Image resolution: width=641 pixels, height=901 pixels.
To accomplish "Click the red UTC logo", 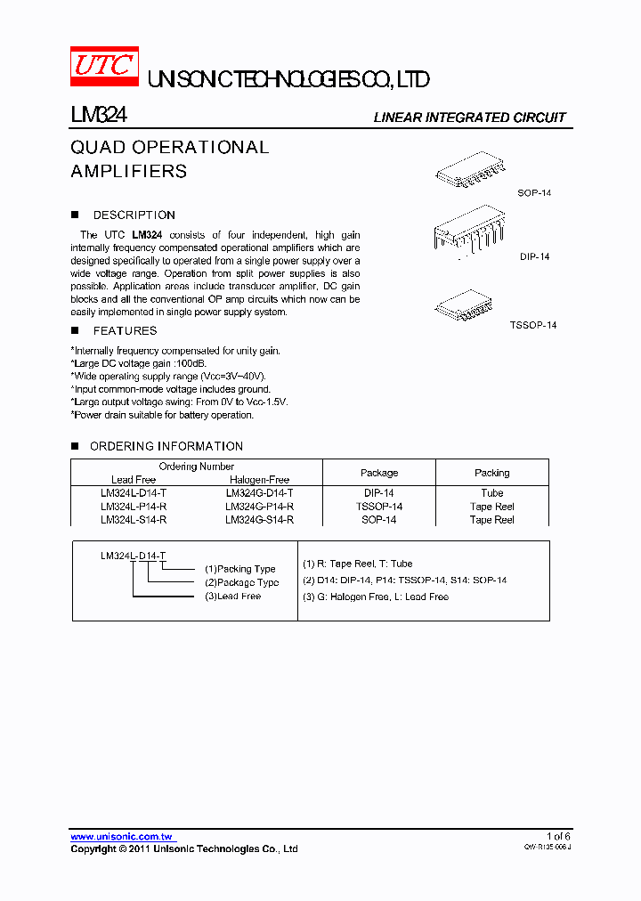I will [105, 67].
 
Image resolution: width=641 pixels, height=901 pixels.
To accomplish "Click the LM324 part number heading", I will [99, 116].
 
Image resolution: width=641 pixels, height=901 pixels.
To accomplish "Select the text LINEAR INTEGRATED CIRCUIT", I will [469, 118].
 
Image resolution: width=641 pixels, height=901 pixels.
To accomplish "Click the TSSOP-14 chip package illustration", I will [467, 305].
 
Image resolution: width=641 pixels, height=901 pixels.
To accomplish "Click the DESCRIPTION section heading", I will [134, 215].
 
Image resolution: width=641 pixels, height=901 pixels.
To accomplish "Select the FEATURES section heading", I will [125, 331].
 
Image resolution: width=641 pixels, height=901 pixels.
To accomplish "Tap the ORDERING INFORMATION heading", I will [166, 446].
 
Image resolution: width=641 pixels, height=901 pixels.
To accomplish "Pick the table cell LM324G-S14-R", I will [259, 520].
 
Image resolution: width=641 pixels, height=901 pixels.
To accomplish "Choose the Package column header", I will [379, 473].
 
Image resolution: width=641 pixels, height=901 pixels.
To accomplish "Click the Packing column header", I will [491, 473].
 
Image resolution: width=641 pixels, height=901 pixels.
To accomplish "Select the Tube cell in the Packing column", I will [491, 493].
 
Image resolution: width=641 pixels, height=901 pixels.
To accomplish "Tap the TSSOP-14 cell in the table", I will [379, 507].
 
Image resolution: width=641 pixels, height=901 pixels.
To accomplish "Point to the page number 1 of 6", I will [557, 836].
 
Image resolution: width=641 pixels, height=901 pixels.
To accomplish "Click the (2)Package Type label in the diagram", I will [241, 582].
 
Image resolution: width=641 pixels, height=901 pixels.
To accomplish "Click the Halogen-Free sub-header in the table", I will [259, 480].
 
